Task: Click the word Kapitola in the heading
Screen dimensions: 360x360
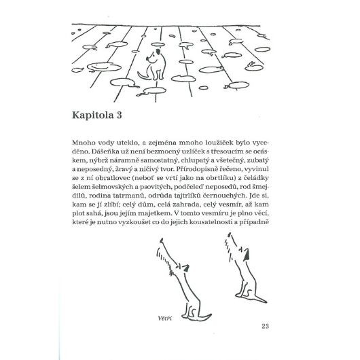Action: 93,115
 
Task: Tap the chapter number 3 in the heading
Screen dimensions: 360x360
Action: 119,115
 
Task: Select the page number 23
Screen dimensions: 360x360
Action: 265,326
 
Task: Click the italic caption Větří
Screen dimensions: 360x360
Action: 165,318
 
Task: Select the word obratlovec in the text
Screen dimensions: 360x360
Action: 109,178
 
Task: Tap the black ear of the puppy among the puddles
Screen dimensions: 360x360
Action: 158,52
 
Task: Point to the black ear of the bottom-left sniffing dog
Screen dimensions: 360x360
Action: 185,268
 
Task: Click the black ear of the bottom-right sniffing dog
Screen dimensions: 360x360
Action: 247,255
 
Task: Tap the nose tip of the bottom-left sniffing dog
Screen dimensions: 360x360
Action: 162,240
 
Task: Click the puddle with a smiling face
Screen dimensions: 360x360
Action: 104,67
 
